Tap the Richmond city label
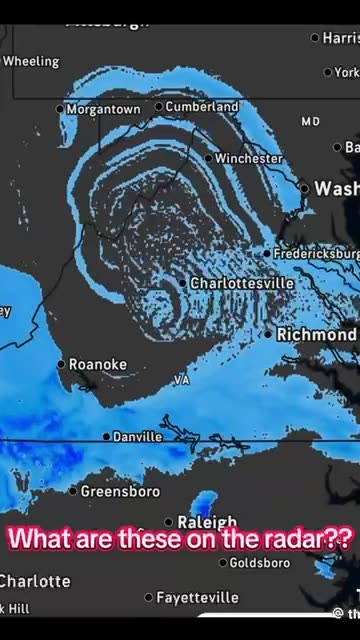click(315, 334)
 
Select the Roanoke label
click(98, 365)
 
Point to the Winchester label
click(249, 158)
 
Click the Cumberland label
click(202, 106)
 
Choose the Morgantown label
click(103, 110)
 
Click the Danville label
click(138, 437)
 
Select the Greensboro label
click(120, 491)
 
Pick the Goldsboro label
click(260, 563)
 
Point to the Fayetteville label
click(198, 597)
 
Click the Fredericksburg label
click(316, 253)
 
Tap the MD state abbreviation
click(310, 121)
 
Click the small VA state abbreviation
click(181, 380)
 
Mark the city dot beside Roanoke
click(61, 365)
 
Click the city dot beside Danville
click(106, 437)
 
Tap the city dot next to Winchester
click(208, 158)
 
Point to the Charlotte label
click(35, 581)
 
